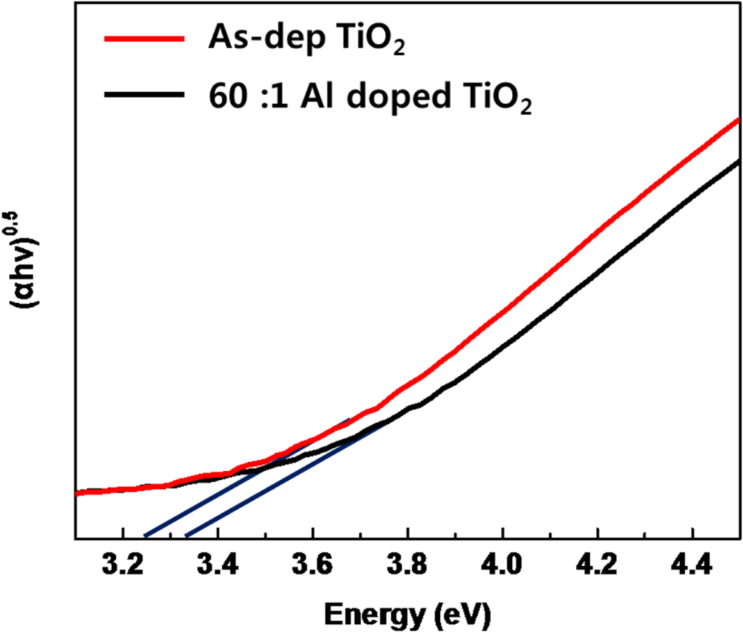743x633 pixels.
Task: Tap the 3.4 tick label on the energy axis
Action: point(218,564)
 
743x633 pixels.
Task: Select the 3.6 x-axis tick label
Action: point(313,564)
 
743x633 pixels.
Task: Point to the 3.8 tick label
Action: point(407,564)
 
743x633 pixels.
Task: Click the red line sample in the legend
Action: point(145,40)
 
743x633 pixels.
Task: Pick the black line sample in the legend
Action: point(145,94)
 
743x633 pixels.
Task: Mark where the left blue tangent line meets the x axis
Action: point(145,536)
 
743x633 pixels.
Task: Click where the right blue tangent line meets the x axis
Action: point(186,536)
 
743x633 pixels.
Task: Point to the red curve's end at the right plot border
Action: point(738,119)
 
